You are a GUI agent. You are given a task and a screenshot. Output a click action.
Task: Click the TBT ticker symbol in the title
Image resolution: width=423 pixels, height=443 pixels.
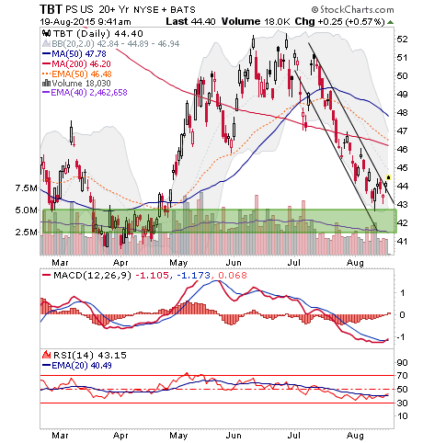[51, 9]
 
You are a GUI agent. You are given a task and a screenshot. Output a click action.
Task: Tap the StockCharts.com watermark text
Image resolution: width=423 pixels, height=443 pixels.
[353, 10]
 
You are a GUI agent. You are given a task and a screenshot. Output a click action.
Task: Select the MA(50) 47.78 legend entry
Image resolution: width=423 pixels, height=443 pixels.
[74, 54]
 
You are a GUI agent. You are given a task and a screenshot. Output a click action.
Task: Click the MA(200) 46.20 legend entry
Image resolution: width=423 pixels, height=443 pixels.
[76, 64]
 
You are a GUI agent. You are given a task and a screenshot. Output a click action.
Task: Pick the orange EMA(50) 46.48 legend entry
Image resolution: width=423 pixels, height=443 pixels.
[77, 74]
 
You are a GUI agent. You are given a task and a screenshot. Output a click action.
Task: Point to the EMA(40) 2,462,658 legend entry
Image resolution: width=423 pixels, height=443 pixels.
[85, 92]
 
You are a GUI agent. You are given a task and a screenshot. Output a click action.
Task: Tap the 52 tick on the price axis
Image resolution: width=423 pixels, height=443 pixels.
[402, 40]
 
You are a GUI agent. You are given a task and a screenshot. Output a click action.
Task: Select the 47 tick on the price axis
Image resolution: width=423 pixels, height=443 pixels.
[402, 131]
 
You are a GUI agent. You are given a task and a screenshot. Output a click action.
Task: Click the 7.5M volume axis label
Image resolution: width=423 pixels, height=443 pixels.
[27, 187]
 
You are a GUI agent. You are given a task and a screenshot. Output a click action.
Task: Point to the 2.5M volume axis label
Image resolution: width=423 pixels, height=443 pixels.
[27, 232]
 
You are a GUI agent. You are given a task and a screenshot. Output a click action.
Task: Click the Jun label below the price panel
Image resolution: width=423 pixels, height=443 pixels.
[234, 263]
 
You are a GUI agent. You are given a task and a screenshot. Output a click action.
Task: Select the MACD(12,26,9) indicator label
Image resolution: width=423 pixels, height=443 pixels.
[92, 275]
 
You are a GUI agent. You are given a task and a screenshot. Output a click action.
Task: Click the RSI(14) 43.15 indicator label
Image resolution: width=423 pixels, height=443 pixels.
[89, 356]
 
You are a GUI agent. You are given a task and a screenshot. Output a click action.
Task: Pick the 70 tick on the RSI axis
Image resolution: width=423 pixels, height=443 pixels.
[402, 375]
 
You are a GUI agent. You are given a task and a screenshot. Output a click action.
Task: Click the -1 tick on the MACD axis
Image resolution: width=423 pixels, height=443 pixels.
[402, 337]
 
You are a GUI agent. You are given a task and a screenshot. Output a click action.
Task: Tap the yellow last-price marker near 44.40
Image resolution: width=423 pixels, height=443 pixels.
[389, 177]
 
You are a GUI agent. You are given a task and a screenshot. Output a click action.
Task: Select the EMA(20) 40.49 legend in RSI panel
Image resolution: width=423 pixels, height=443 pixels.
[77, 366]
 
